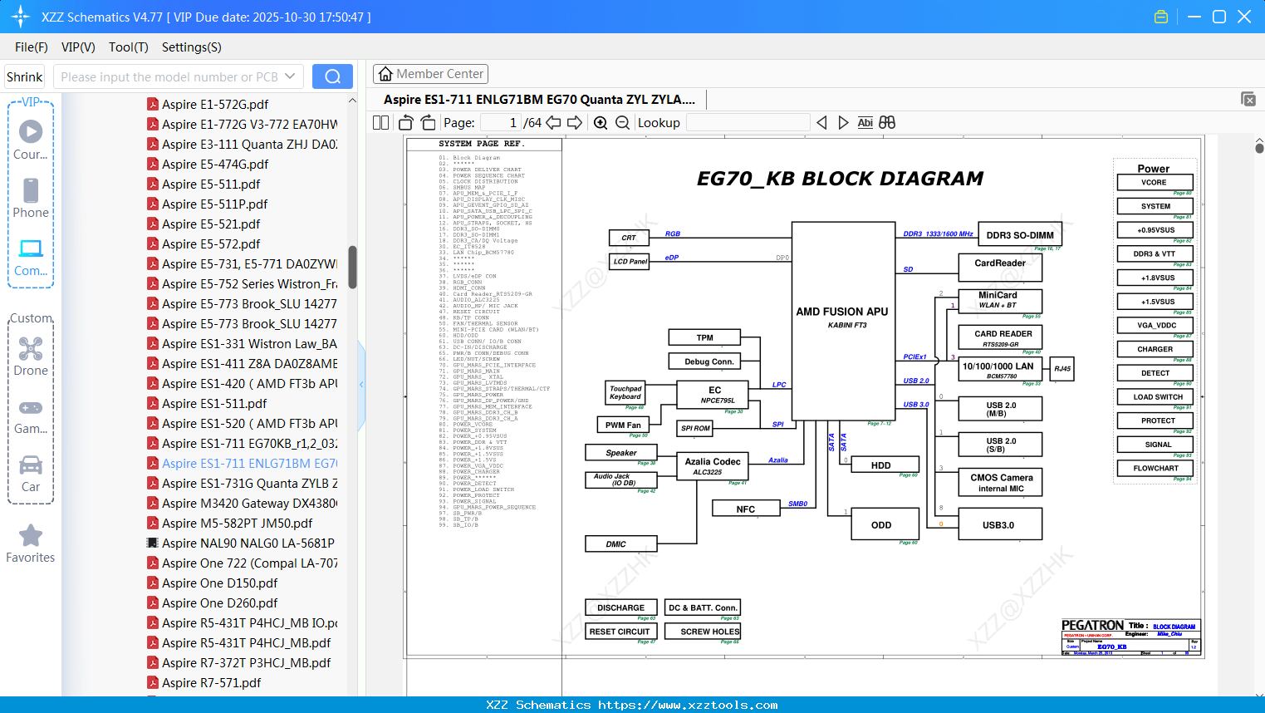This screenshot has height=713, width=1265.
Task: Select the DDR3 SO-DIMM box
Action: pos(1020,235)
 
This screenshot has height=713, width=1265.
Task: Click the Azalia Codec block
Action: pos(713,466)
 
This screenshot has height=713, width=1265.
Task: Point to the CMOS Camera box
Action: pos(1001,483)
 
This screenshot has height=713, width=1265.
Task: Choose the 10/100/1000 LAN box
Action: pos(998,370)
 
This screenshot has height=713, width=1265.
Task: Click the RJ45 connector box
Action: pos(1062,369)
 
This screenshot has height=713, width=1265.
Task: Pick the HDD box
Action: pos(881,465)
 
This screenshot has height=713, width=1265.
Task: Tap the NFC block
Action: pos(746,509)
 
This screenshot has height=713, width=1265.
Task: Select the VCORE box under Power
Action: pos(1154,183)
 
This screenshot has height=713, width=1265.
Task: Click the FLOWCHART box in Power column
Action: pos(1155,469)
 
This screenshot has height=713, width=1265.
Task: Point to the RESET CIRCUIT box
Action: pos(620,632)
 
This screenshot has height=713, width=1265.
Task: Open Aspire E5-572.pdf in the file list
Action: pos(211,244)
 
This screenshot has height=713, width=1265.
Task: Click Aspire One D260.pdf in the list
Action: pos(220,603)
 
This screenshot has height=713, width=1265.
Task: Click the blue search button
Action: pos(332,76)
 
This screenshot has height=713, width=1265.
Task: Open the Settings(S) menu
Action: pos(191,47)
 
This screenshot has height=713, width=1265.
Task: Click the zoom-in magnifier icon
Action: pos(601,123)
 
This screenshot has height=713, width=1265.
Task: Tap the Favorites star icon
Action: pos(31,536)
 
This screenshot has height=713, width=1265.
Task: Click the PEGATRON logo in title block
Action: pos(1092,626)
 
